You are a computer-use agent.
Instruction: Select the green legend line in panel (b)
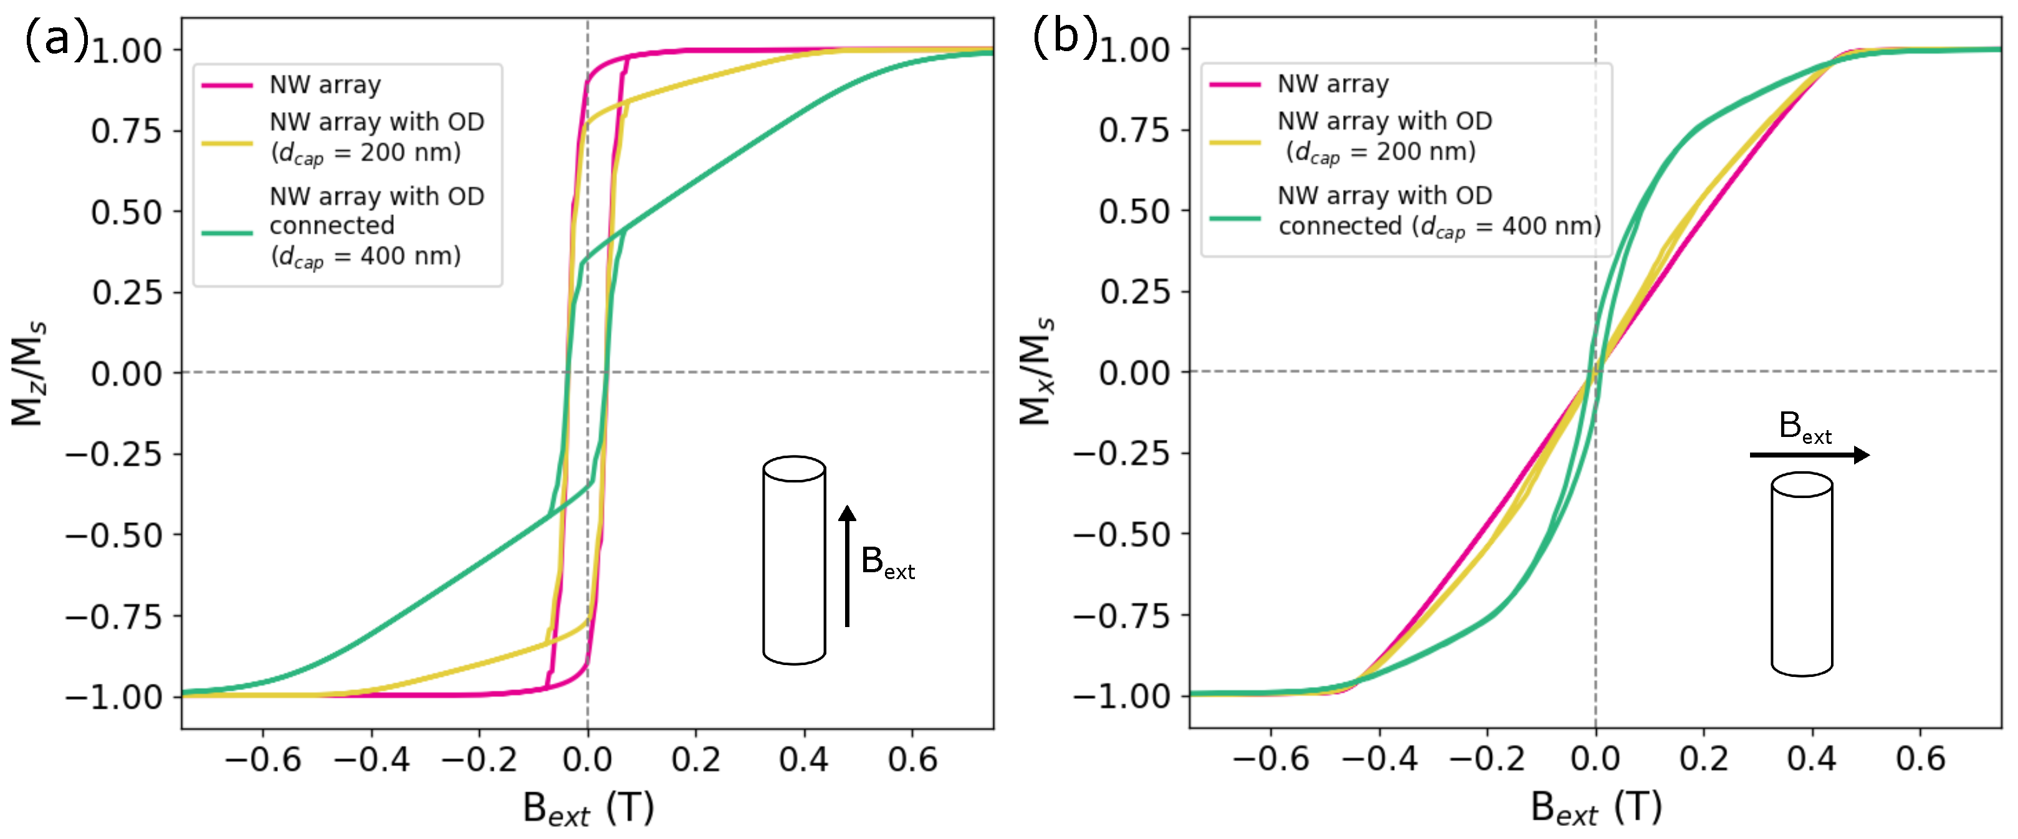[x=1234, y=218]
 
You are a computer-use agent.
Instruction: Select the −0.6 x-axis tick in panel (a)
[x=262, y=759]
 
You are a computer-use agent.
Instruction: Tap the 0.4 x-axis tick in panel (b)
[x=1811, y=759]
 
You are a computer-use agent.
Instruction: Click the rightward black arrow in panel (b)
[x=1810, y=455]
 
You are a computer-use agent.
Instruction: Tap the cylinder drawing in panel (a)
[x=793, y=561]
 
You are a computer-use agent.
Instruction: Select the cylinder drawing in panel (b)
[x=1802, y=574]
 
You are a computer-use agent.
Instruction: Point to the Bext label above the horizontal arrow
[x=1804, y=428]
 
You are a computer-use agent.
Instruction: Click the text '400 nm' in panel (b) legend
[x=1551, y=226]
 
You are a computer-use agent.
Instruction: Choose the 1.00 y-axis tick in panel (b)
[x=1134, y=50]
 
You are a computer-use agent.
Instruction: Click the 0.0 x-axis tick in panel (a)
[x=588, y=759]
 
